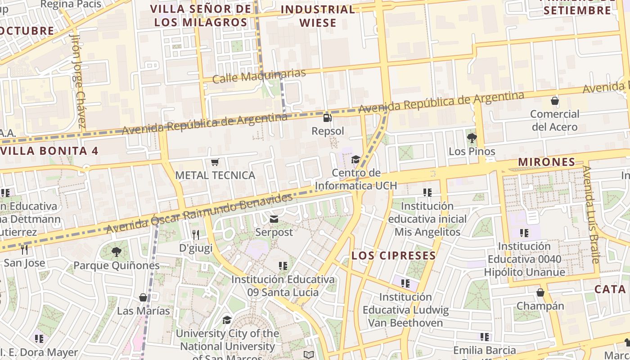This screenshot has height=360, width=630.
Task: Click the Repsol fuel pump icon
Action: pos(327,118)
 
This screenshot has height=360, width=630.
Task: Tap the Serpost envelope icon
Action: pos(274,220)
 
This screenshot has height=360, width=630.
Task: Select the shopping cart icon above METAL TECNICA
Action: pos(215,162)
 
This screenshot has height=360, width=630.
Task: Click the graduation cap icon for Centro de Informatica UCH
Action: pos(355,160)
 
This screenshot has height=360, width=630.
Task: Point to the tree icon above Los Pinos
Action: pos(472,138)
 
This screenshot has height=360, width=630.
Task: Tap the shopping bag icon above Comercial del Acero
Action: pos(554,101)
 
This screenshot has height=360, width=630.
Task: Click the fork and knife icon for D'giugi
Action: pos(195,235)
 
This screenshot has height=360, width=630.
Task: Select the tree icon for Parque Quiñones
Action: pos(117,252)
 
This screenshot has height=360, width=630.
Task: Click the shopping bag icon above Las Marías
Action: pos(143,297)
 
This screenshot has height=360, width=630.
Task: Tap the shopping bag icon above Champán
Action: pos(540,293)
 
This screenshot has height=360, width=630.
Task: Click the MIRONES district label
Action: pos(547,162)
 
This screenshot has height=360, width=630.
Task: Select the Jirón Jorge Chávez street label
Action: pos(78,81)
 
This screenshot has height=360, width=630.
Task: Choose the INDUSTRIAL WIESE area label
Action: pos(318,16)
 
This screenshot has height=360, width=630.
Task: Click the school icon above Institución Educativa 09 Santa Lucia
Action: pos(283,266)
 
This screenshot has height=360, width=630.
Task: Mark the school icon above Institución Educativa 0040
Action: pos(524,233)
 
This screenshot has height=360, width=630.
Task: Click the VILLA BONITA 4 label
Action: pos(49,151)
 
